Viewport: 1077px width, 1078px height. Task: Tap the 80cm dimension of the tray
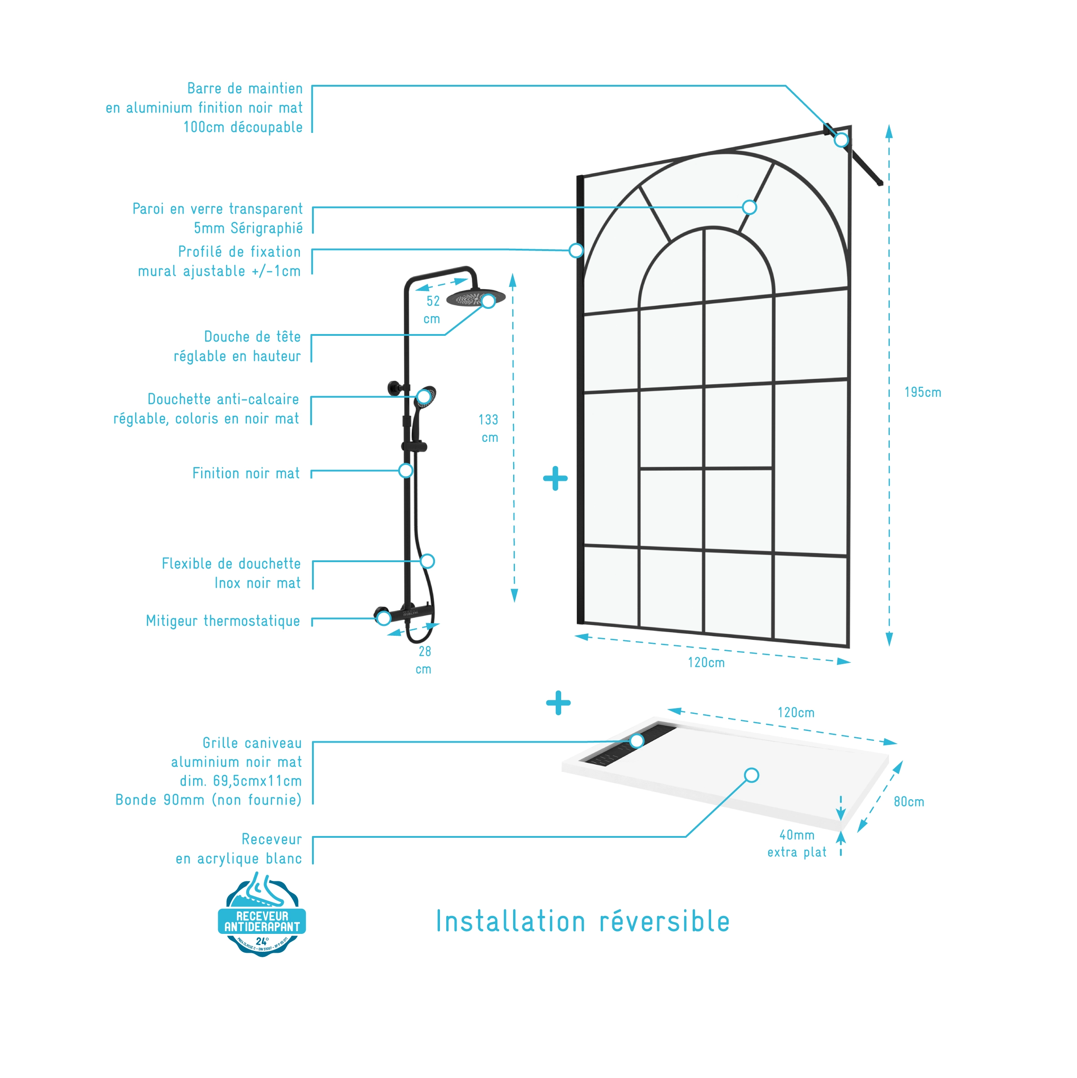coord(909,802)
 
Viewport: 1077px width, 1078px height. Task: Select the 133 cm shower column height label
coord(488,428)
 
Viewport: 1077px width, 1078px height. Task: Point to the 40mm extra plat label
coord(796,843)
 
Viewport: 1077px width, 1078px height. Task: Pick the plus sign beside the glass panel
coord(555,478)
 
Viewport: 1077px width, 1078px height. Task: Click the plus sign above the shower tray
coord(558,703)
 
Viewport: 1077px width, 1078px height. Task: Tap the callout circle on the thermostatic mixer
coord(383,618)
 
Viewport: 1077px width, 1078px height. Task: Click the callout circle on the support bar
coord(841,140)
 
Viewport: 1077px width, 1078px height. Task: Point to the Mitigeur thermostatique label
coord(223,620)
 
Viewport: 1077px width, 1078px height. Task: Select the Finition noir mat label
coord(246,473)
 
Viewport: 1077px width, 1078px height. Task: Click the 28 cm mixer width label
coord(424,660)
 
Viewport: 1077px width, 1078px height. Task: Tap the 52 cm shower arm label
coord(432,310)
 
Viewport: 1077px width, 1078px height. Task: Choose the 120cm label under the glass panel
coord(706,662)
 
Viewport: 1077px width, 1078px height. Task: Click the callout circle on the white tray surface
coord(751,775)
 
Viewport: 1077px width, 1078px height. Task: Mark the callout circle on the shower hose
coord(427,561)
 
